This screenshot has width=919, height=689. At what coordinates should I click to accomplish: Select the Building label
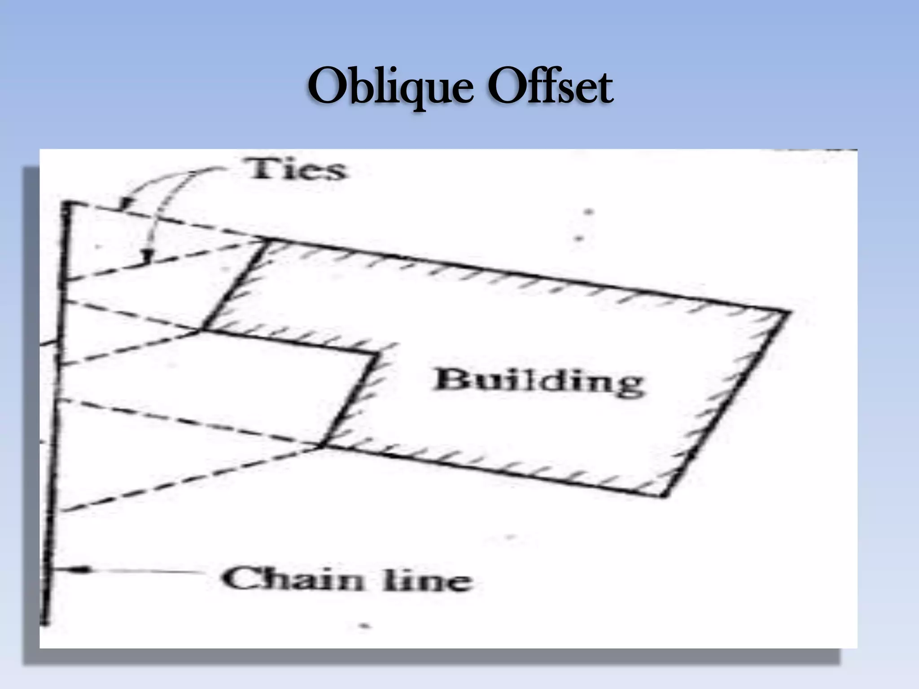pyautogui.click(x=538, y=383)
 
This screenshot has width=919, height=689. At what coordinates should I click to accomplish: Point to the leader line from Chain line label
pyautogui.click(x=144, y=571)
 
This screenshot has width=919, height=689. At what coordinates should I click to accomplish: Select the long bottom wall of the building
pyautogui.click(x=494, y=471)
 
